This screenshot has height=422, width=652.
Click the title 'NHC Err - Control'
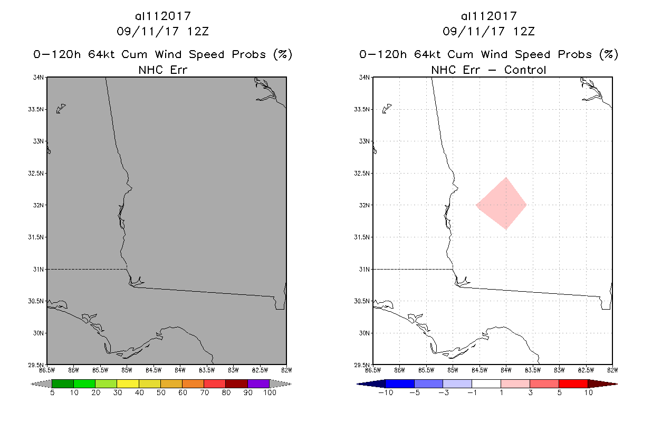tap(488, 70)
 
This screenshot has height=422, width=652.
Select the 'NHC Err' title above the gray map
tap(162, 70)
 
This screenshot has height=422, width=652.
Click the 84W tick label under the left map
tap(180, 369)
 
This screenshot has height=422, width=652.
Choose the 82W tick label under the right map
tap(612, 369)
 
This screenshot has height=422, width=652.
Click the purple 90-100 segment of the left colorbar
tap(258, 383)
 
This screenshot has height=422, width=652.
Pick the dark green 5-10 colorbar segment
tap(63, 383)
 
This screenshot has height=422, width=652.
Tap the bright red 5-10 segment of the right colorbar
tap(573, 383)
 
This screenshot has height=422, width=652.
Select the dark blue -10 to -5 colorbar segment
tap(400, 383)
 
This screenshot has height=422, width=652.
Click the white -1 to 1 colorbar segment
tap(486, 383)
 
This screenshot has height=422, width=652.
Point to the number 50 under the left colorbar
tap(160, 392)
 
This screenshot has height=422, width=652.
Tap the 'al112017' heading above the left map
tap(162, 16)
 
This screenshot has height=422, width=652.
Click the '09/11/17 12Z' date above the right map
tap(488, 31)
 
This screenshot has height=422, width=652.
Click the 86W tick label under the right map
tap(399, 369)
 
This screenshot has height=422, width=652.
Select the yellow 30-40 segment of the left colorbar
tap(128, 383)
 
